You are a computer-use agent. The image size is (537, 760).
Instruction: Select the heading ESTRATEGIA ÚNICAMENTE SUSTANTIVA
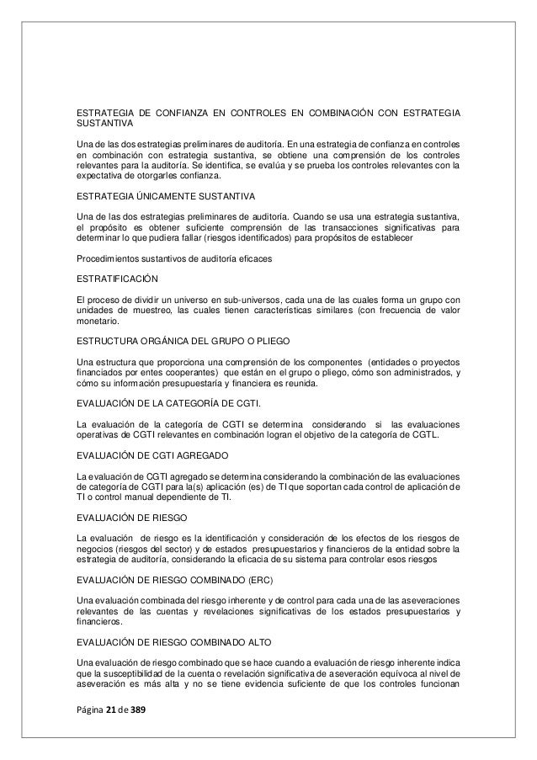point(154,199)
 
